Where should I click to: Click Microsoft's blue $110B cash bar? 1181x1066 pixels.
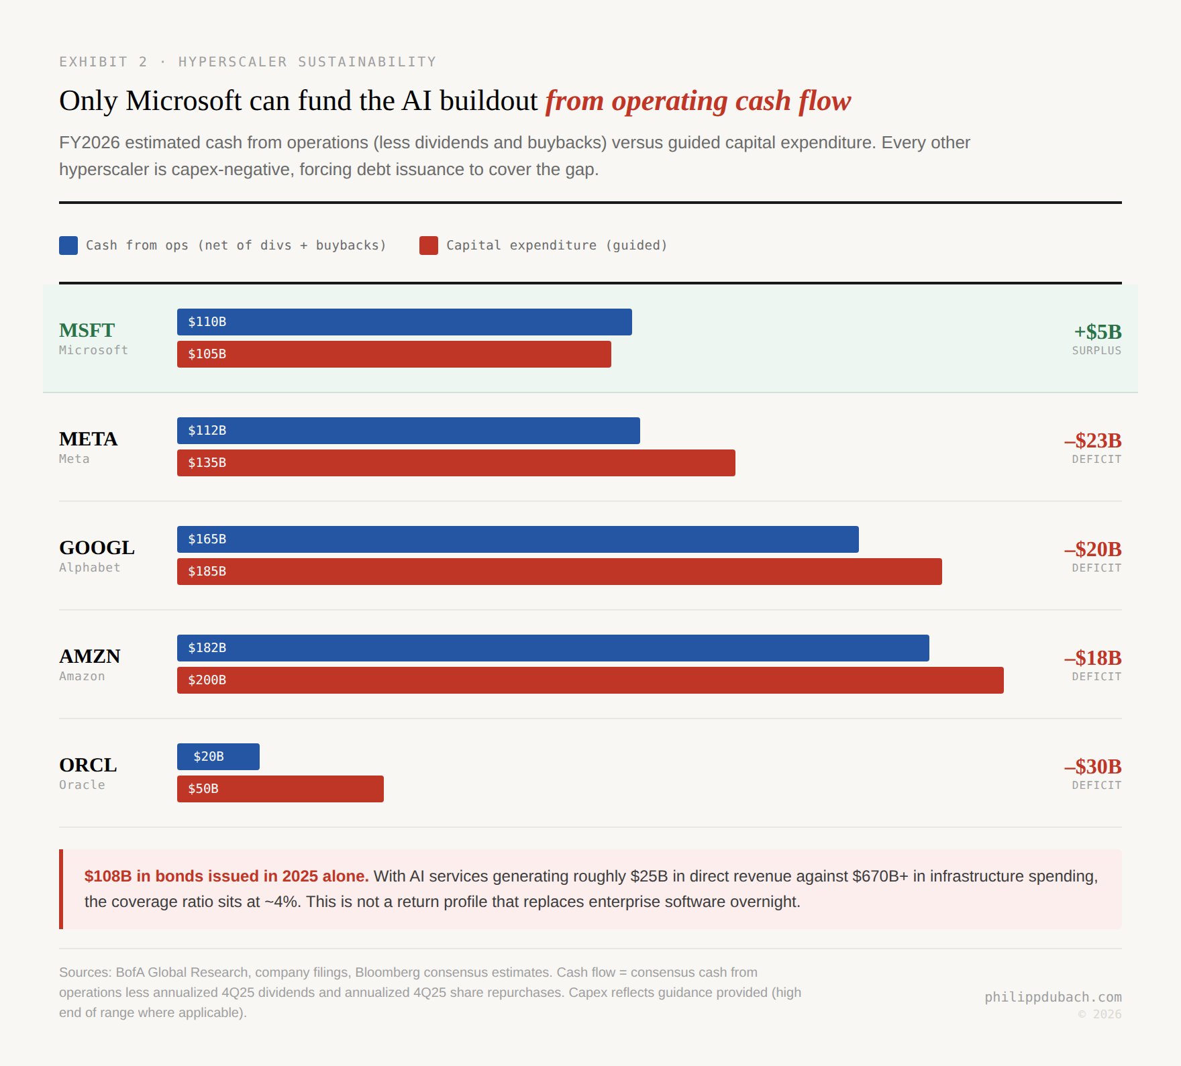click(x=404, y=322)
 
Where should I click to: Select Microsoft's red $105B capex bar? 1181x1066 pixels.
click(x=394, y=354)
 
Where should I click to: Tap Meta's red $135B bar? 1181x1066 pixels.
click(x=456, y=463)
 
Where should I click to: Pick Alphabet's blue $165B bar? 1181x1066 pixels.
click(x=517, y=539)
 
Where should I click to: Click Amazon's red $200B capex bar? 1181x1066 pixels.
click(x=590, y=680)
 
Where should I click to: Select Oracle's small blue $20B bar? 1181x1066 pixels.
click(x=218, y=757)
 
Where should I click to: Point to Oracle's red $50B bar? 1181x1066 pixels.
click(x=280, y=789)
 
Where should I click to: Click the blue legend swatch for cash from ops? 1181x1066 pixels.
click(x=68, y=246)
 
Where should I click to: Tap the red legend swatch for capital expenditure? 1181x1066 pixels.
click(x=429, y=246)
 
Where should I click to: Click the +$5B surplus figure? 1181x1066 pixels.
click(x=1097, y=332)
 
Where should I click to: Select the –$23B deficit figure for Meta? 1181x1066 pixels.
click(x=1092, y=441)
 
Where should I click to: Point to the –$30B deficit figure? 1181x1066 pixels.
click(x=1092, y=767)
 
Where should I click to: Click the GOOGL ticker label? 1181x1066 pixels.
click(x=97, y=548)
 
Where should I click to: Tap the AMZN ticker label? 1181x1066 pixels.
click(x=90, y=657)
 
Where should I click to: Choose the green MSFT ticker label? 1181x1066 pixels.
click(x=87, y=331)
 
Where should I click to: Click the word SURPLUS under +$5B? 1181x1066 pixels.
click(x=1096, y=351)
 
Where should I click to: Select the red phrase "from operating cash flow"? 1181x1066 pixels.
click(x=698, y=101)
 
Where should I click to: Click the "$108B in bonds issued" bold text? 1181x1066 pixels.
click(x=226, y=876)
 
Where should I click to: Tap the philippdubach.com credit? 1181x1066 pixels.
click(x=1053, y=997)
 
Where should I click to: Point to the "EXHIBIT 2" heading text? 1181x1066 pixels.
click(x=103, y=62)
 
